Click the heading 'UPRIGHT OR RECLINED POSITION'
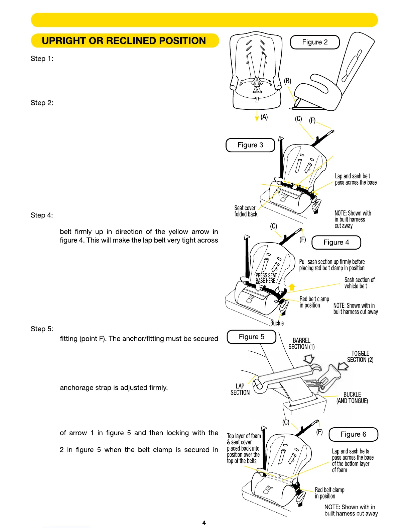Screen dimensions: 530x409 click(124, 41)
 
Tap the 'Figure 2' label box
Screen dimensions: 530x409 click(315, 42)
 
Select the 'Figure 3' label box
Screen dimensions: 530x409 click(250, 145)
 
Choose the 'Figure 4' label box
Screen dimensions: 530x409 click(336, 243)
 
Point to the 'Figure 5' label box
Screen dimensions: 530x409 click(251, 337)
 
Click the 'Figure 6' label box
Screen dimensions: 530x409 click(353, 434)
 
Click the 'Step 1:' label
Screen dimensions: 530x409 click(42, 59)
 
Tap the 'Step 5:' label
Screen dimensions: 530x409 click(42, 329)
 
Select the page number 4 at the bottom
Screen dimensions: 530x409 click(204, 523)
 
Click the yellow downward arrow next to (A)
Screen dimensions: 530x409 click(257, 116)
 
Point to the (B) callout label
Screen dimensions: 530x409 click(287, 81)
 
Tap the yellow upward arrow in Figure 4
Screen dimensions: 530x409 click(292, 287)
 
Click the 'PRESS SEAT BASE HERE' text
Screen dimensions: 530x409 click(266, 278)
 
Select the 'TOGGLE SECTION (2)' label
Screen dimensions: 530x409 click(360, 357)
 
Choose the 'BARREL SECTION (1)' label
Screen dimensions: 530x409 click(301, 344)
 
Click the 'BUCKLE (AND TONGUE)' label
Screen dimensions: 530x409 click(352, 398)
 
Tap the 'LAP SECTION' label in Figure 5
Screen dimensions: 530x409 click(240, 389)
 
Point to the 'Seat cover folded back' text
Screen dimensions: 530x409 click(246, 211)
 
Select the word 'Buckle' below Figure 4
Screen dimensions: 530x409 click(277, 323)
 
